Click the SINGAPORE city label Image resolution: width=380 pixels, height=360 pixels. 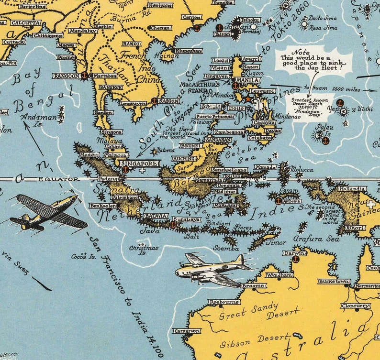139,163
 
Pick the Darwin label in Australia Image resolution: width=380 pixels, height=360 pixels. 294,253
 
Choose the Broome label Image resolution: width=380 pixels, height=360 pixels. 253,286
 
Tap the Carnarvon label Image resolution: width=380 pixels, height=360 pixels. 187,331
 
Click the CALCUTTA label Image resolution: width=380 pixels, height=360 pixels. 23,22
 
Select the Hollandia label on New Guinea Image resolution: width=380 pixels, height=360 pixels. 352,189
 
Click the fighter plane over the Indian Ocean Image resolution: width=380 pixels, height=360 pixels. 48,212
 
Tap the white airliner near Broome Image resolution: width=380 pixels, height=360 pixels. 212,271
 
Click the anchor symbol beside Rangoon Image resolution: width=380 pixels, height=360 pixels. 84,75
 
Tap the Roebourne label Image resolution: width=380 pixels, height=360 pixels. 224,302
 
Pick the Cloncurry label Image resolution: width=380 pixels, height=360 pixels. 356,305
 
